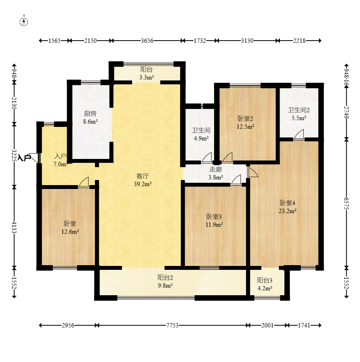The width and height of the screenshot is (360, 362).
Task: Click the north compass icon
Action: [x=24, y=21]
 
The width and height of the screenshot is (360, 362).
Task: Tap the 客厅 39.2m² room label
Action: [x=143, y=180]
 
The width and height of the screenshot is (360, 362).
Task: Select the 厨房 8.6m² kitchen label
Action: [x=90, y=118]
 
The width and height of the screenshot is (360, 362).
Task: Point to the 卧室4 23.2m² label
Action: [x=287, y=207]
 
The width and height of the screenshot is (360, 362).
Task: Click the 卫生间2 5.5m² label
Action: [x=299, y=114]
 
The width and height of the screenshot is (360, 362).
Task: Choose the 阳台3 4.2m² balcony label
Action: [x=265, y=284]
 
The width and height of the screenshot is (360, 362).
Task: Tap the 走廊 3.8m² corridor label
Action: [x=216, y=173]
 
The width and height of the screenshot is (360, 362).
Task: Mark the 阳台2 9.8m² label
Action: [x=165, y=282]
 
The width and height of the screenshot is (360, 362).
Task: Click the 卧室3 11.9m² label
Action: [x=214, y=221]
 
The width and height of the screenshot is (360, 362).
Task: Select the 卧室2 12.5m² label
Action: [x=246, y=123]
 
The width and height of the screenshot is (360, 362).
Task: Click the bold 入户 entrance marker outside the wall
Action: [x=24, y=158]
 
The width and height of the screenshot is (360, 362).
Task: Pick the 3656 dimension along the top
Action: [x=147, y=41]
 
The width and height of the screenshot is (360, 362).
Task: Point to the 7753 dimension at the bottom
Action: [x=172, y=325]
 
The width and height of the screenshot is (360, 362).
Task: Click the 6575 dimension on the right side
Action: [x=346, y=203]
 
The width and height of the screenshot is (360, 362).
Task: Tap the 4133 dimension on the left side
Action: [x=14, y=227]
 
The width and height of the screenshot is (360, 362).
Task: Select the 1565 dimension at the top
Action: [x=54, y=41]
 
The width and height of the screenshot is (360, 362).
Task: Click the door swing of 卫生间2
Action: [x=299, y=134]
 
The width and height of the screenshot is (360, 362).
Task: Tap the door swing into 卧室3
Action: [x=236, y=180]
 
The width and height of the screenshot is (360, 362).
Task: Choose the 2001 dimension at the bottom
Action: [x=267, y=325]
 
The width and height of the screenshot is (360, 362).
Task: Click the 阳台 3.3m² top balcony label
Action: [x=146, y=73]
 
